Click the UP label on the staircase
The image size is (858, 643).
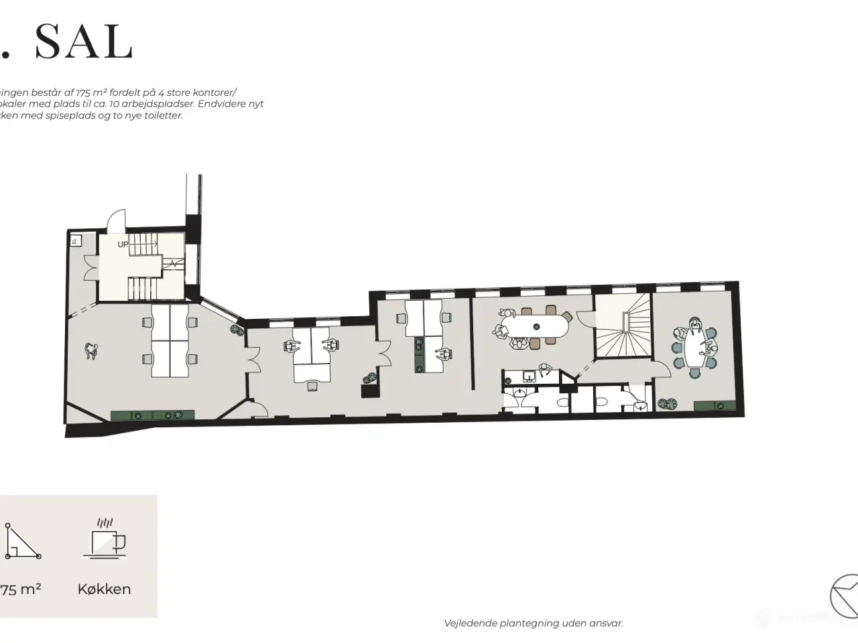pyautogui.click(x=123, y=244)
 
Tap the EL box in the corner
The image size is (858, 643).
pyautogui.click(x=75, y=239)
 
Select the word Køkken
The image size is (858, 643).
pyautogui.click(x=104, y=589)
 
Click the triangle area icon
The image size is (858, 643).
pyautogui.click(x=22, y=541)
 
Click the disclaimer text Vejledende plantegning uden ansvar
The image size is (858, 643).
pyautogui.click(x=534, y=623)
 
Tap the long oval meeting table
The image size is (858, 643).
pyautogui.click(x=536, y=327)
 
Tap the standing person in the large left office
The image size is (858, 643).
pyautogui.click(x=91, y=350)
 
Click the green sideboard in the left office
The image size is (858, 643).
pyautogui.click(x=153, y=415)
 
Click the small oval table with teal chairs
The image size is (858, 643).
pyautogui.click(x=696, y=348)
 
